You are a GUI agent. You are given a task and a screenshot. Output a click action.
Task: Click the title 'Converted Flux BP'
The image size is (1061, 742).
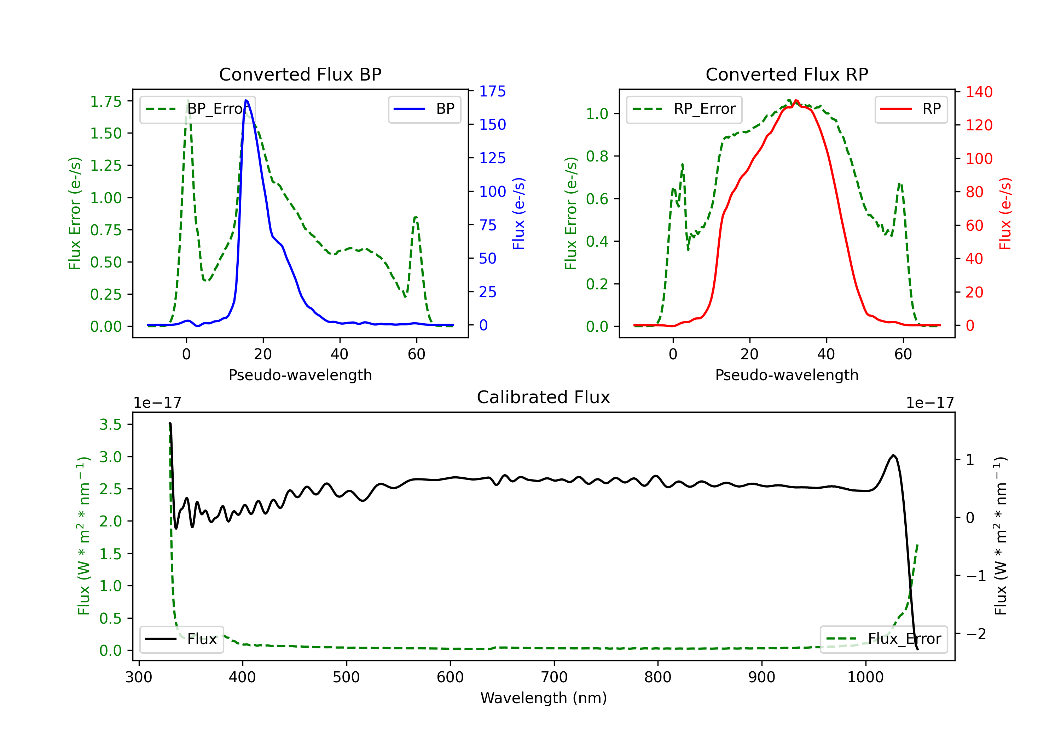(300, 74)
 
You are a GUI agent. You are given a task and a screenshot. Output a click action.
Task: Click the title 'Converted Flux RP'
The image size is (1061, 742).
(787, 74)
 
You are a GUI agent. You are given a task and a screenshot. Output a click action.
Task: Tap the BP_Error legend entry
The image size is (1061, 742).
(198, 109)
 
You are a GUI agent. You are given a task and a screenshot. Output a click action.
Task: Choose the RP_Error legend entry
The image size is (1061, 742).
(684, 109)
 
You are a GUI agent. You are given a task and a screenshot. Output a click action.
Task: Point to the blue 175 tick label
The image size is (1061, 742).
(492, 92)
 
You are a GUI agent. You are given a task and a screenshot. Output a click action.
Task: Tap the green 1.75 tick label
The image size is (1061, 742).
(105, 101)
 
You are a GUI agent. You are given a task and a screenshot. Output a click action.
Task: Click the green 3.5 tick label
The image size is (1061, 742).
(110, 424)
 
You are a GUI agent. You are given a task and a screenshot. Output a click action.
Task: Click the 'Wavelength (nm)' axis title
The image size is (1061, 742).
(544, 698)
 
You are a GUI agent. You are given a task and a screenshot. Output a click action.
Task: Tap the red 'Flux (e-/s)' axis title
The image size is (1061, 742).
(1005, 214)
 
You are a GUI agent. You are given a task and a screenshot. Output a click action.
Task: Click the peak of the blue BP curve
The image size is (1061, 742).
(246, 100)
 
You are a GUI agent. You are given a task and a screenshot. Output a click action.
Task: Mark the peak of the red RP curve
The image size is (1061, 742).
(796, 101)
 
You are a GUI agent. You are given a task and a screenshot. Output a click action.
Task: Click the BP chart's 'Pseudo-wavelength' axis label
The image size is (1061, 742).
(300, 375)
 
